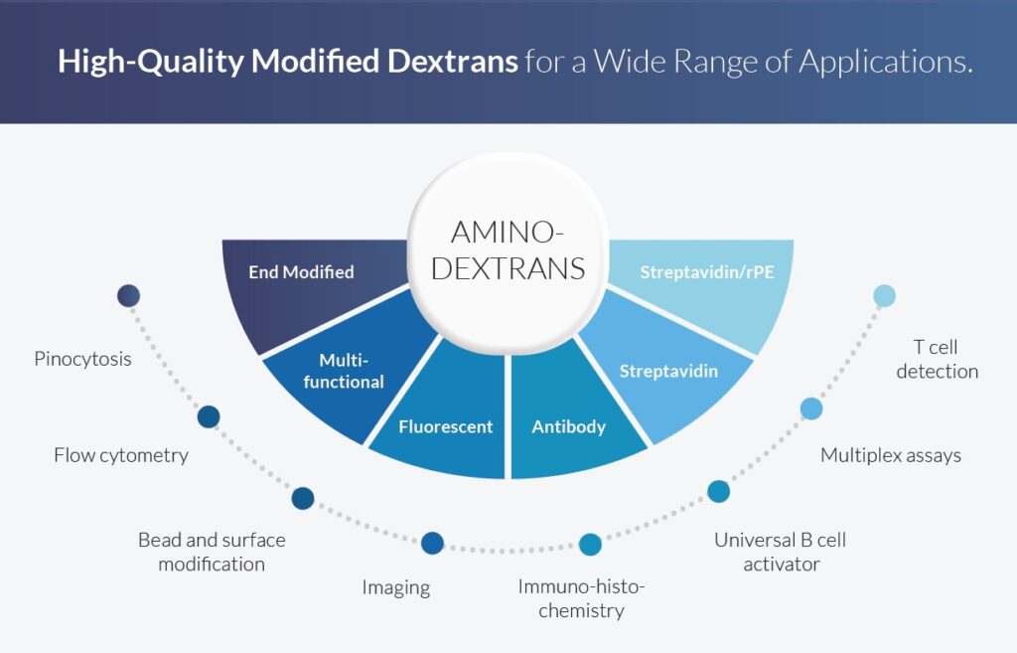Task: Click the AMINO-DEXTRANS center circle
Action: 508,253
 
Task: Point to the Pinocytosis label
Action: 83,359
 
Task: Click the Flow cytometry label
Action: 121,455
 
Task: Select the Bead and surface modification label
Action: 212,552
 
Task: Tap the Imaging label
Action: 395,588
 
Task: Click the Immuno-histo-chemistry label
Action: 581,598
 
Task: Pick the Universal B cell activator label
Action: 781,552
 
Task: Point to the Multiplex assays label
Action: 891,455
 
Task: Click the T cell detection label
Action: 937,359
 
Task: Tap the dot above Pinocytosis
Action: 128,295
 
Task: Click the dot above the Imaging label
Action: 433,543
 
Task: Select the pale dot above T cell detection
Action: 885,295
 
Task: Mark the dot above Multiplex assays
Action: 811,408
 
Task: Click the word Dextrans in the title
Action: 453,61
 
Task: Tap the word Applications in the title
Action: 886,63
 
